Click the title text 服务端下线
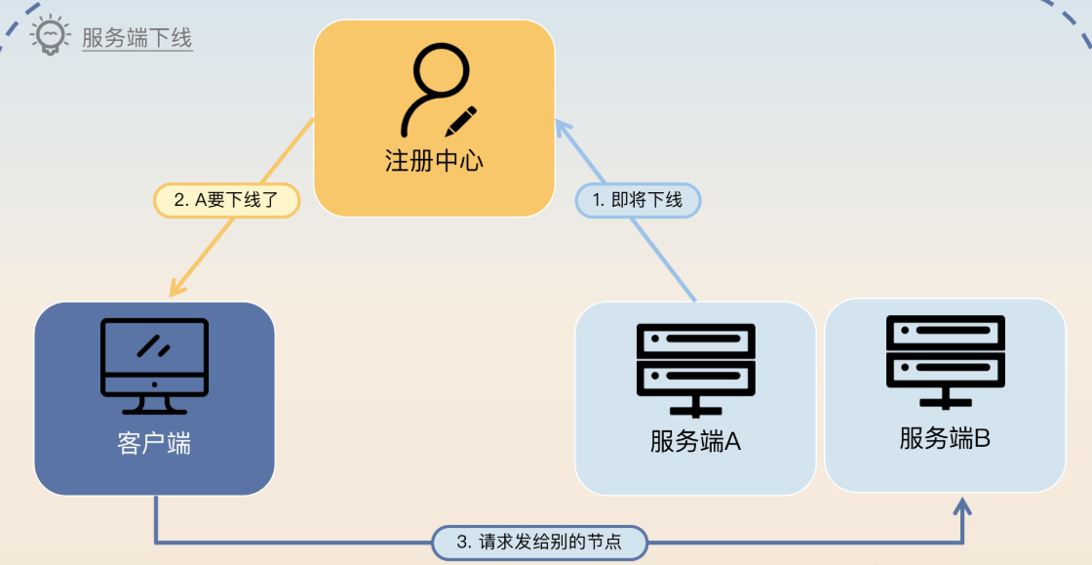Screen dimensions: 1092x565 137,38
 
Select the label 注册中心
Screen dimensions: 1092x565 434,161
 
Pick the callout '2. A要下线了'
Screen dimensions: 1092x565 226,200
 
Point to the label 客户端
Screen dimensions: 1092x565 154,444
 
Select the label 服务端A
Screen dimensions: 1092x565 696,441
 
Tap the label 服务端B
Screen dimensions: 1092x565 945,438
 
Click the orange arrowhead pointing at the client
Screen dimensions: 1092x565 175,289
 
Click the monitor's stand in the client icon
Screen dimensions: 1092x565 154,404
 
